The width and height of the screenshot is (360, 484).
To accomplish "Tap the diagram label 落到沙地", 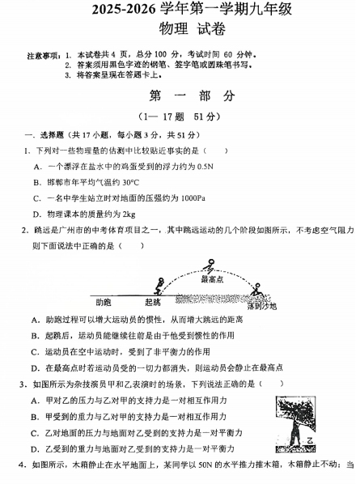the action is (x=261, y=306).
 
